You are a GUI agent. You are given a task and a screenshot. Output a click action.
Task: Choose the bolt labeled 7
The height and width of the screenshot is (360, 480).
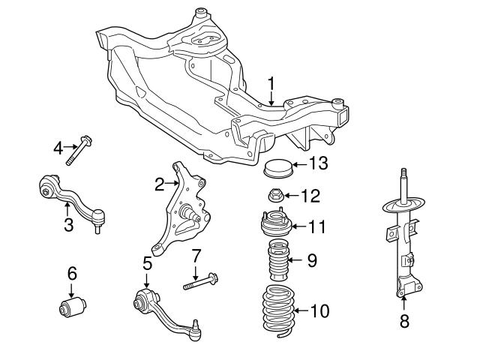pos(200,283)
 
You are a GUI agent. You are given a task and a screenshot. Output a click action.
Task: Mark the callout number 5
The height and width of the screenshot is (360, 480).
pos(148,264)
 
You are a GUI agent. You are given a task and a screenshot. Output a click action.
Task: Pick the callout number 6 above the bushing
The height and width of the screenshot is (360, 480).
pos(72,274)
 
